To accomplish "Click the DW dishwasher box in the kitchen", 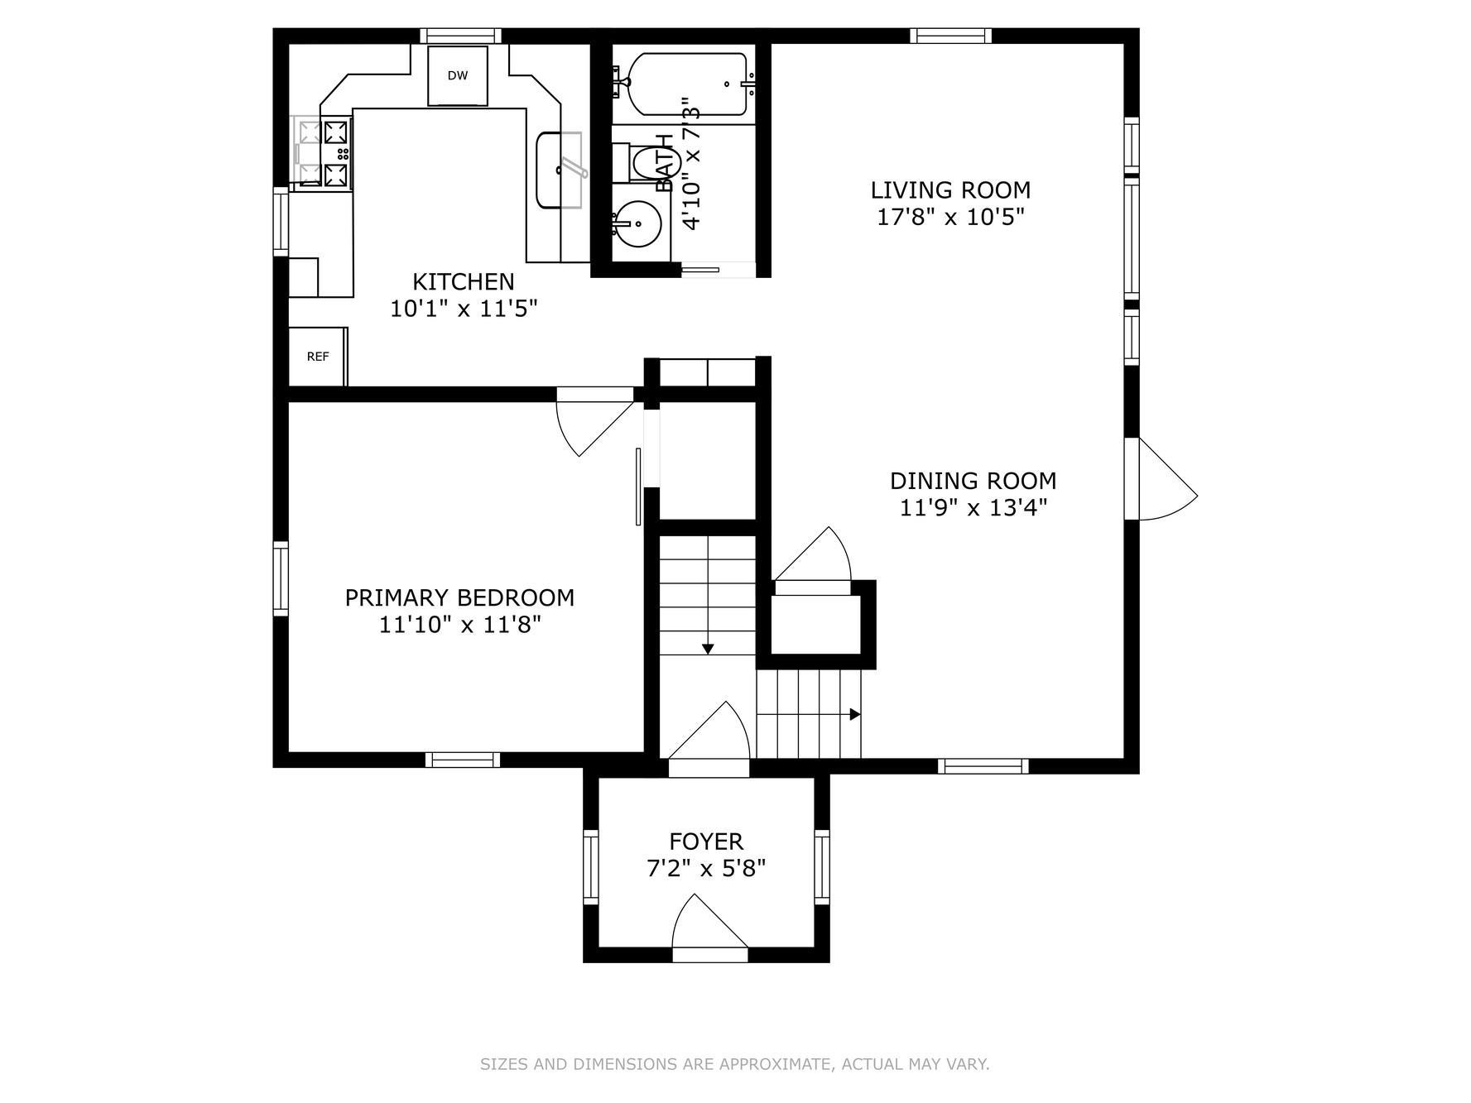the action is click(x=457, y=75).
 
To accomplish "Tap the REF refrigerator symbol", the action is click(x=318, y=357).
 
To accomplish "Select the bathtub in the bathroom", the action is click(x=688, y=84).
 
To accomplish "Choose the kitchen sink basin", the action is click(x=559, y=170).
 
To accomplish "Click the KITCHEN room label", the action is click(x=464, y=282).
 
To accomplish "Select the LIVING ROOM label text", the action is click(x=950, y=190).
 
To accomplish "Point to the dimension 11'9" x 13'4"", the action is click(x=973, y=507).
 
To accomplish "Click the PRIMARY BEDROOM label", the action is click(x=459, y=597).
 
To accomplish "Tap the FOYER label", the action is click(x=706, y=842).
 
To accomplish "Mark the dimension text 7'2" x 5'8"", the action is click(x=706, y=869).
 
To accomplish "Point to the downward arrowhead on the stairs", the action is click(x=708, y=649).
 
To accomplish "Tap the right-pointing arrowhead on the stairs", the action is click(x=855, y=714).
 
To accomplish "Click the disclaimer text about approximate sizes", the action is click(x=735, y=1064).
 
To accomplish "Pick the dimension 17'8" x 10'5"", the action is click(x=950, y=218).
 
